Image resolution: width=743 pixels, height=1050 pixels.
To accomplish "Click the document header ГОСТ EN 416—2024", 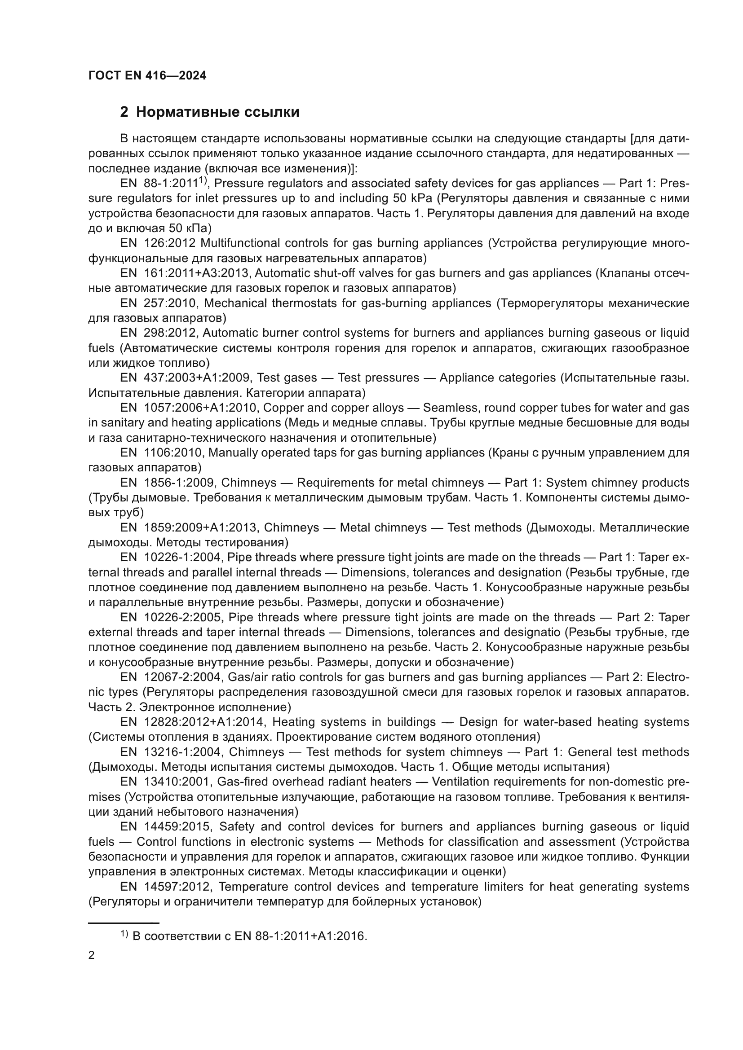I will (147, 75).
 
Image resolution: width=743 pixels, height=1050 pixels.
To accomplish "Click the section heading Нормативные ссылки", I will (217, 112).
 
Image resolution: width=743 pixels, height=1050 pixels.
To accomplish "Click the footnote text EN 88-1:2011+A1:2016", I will (301, 936).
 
